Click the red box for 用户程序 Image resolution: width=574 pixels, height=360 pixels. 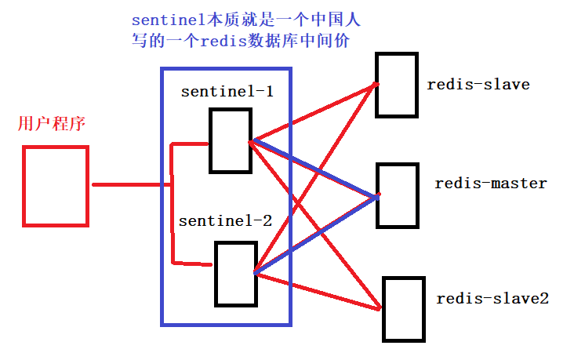54,187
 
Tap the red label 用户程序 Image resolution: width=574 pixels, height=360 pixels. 50,125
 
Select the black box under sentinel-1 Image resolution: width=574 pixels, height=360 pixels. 231,140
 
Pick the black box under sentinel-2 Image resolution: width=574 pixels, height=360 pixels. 236,274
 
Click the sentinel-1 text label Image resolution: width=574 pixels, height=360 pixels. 227,91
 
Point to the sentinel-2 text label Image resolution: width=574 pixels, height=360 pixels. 225,221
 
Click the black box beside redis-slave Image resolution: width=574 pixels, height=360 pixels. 397,85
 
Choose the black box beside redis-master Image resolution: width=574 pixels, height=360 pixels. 398,195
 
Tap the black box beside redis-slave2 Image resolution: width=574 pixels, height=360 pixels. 404,309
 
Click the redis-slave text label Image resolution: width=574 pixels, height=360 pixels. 478,84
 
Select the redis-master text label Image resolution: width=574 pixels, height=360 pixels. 491,184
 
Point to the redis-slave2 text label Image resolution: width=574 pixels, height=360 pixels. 492,299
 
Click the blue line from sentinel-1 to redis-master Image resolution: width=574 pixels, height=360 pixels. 314,169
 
